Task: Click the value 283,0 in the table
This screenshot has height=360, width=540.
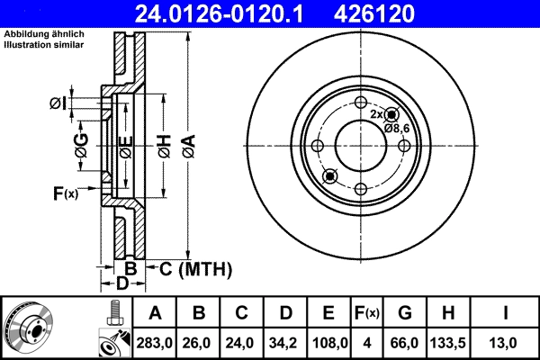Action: [x=156, y=342]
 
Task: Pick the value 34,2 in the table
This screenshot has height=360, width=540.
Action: [x=285, y=342]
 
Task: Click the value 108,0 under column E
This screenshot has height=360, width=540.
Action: [x=328, y=342]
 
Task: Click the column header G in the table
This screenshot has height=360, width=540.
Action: [x=404, y=313]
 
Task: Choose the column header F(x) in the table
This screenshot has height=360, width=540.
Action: [x=367, y=313]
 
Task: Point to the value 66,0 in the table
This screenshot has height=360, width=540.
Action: [x=404, y=342]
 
